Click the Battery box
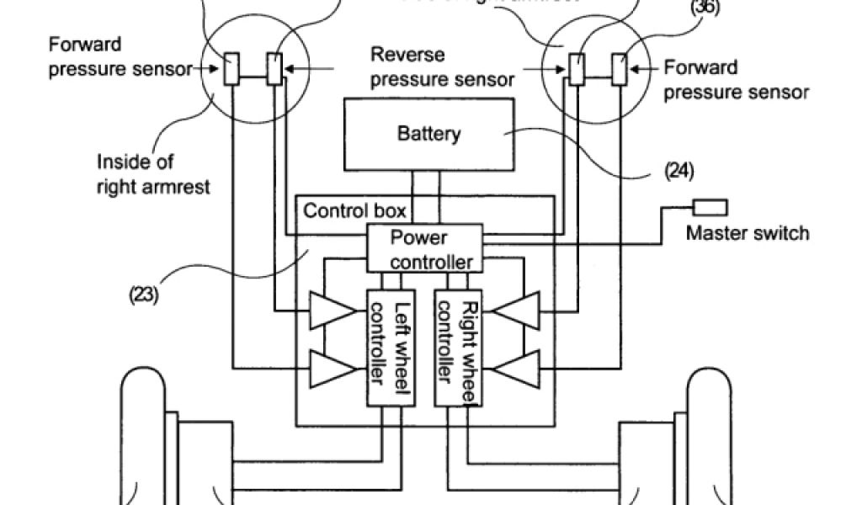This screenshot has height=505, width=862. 428,133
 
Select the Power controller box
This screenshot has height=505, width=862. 424,248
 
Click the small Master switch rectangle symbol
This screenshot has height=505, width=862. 710,206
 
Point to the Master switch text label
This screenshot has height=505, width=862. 747,232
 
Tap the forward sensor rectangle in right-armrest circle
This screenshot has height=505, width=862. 231,69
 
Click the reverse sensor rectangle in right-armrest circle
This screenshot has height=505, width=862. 274,69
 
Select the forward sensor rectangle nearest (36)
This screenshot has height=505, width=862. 620,69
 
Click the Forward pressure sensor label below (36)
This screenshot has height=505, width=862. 736,79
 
